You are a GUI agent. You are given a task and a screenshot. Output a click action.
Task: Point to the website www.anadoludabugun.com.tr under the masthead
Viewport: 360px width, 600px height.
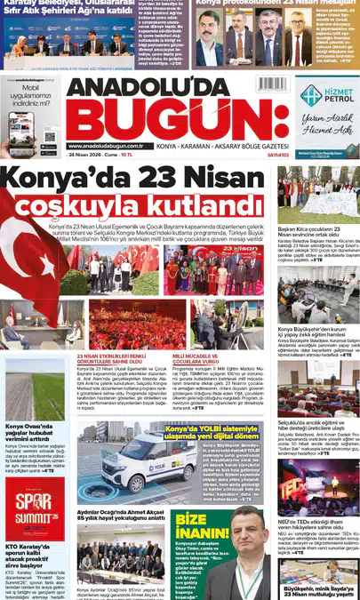click(105, 146)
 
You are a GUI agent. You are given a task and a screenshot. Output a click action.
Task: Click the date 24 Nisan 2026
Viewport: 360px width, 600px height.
click(89, 154)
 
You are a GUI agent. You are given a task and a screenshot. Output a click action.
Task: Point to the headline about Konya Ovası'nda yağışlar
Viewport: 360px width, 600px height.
click(33, 431)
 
